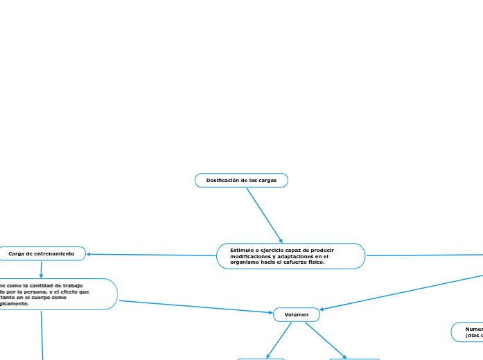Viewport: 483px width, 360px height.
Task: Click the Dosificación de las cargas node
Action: [x=241, y=180]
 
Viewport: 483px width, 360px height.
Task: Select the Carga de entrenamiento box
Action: [x=42, y=254]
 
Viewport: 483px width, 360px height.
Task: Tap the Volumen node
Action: [x=297, y=314]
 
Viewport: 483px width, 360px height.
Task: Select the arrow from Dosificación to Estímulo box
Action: [x=265, y=215]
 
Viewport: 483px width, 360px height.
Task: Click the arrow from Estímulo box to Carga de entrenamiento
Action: [x=152, y=255]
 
